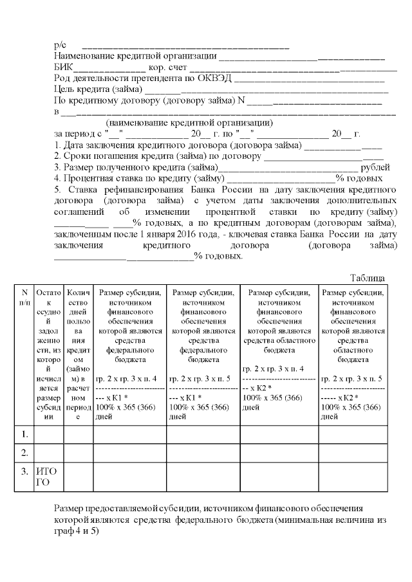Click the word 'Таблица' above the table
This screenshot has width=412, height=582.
point(368,278)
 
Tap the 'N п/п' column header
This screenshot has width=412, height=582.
point(24,298)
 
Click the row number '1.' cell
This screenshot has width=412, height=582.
point(24,435)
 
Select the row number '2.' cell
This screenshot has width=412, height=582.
point(24,454)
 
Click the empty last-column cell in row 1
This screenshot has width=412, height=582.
point(353,435)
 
